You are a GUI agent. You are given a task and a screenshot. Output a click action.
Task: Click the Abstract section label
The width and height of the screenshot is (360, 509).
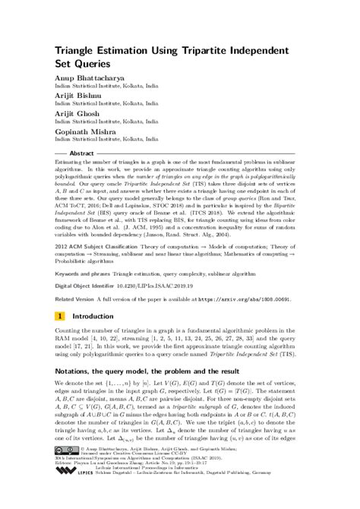pos(81,152)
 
